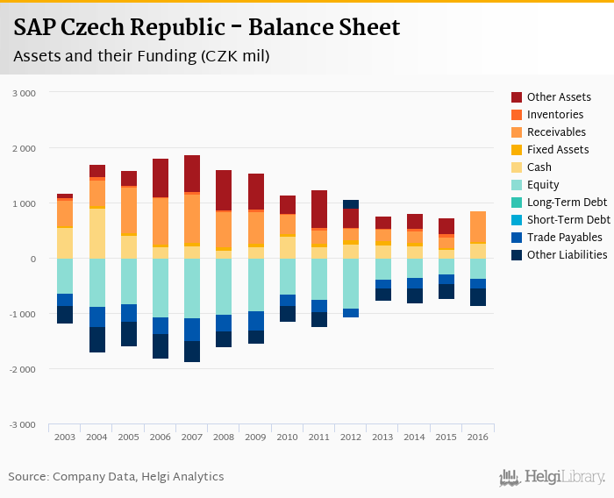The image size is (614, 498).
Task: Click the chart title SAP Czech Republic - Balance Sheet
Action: coord(207,28)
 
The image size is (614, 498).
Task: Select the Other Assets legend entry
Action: coord(559,97)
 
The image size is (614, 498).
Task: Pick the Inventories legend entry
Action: coord(555,115)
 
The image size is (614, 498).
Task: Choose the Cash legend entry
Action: coord(539,167)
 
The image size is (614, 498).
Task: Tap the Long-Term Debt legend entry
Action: coord(566,203)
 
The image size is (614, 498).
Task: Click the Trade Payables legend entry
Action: coord(564,238)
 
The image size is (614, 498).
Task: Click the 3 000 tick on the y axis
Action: coord(25,93)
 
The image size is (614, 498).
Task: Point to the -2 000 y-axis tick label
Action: coord(23,370)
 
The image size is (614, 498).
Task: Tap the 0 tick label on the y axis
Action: coord(32,260)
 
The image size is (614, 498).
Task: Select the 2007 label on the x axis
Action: coord(191,437)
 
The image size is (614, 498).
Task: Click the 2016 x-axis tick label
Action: coord(478,437)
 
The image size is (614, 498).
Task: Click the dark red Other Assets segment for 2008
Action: coord(224,190)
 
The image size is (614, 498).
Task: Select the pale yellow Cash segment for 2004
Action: coord(96,233)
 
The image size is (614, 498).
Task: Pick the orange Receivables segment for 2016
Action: coord(478,227)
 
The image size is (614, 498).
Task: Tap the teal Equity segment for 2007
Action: coord(191,288)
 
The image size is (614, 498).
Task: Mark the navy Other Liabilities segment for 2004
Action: coord(96,339)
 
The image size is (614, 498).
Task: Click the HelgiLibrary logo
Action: coord(553,478)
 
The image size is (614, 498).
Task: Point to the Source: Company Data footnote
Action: coord(116,477)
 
